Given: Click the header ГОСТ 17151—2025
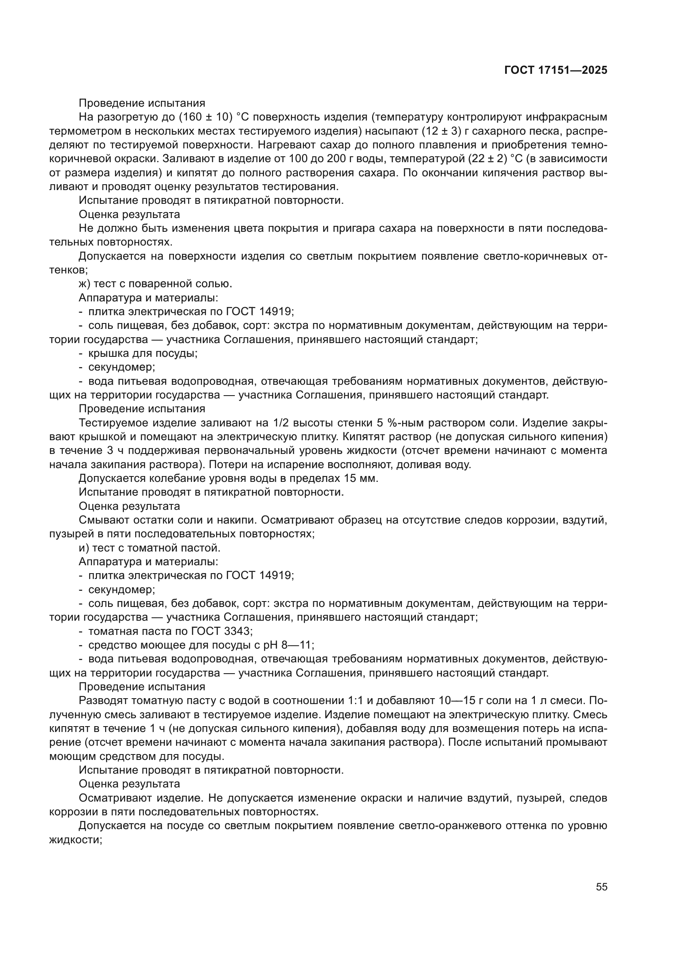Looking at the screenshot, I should [556, 70].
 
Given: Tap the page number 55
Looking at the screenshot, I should [601, 887].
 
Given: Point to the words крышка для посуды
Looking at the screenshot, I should [143, 353].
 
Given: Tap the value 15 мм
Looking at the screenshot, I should [362, 478].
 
